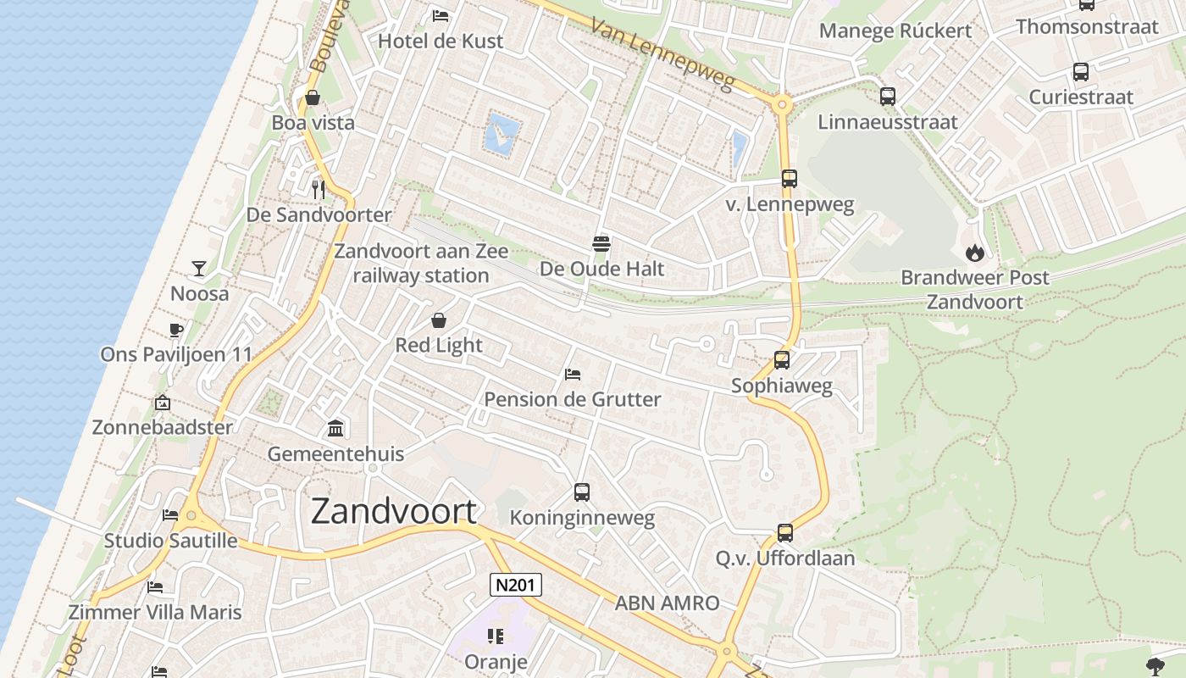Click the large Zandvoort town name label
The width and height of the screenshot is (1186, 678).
coord(394,511)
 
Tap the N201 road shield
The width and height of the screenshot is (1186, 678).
coord(515,585)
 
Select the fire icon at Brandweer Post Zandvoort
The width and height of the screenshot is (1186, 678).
coord(974,252)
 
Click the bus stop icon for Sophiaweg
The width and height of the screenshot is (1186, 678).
coord(782,360)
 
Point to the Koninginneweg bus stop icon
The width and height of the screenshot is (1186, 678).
coord(581,492)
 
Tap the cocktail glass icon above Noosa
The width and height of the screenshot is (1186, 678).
coord(199,269)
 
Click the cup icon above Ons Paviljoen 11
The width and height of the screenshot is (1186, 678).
coord(176,330)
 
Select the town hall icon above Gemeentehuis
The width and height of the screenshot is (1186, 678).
coord(335,429)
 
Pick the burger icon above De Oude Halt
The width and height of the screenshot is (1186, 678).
coord(601,244)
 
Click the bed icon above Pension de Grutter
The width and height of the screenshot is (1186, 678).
coord(573,374)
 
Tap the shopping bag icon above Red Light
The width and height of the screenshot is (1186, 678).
coord(439,320)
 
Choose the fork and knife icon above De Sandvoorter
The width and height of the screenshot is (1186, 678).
coord(319,190)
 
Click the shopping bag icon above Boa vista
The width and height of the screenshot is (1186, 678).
coord(313,97)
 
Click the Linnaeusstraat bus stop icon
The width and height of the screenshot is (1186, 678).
coord(887,97)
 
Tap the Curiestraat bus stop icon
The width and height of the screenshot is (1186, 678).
coord(1080,72)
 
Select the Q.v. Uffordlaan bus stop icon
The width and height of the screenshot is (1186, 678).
coord(785,533)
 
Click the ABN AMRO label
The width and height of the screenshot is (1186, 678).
coord(667,603)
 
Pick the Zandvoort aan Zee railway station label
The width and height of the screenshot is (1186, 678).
coord(421,263)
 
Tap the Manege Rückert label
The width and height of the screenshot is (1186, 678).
coord(895,31)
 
